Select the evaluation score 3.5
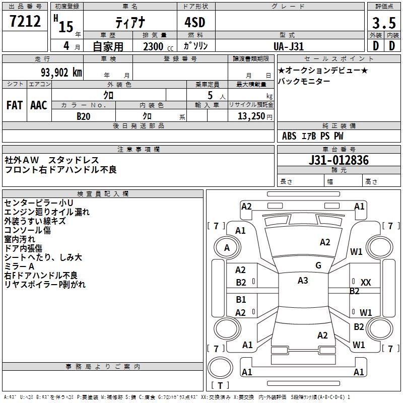[x=383, y=23]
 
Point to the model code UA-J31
[x=289, y=46]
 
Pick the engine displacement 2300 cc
[x=155, y=46]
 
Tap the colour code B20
[x=83, y=116]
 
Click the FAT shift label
[x=15, y=105]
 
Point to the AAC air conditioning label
[x=39, y=105]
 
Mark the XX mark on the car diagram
[x=366, y=283]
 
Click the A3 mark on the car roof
[x=303, y=281]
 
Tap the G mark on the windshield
[x=318, y=265]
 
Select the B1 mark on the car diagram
[x=241, y=300]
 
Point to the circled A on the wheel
[x=227, y=248]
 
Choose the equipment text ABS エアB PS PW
[x=313, y=136]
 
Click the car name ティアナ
[x=130, y=23]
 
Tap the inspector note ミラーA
[x=19, y=266]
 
